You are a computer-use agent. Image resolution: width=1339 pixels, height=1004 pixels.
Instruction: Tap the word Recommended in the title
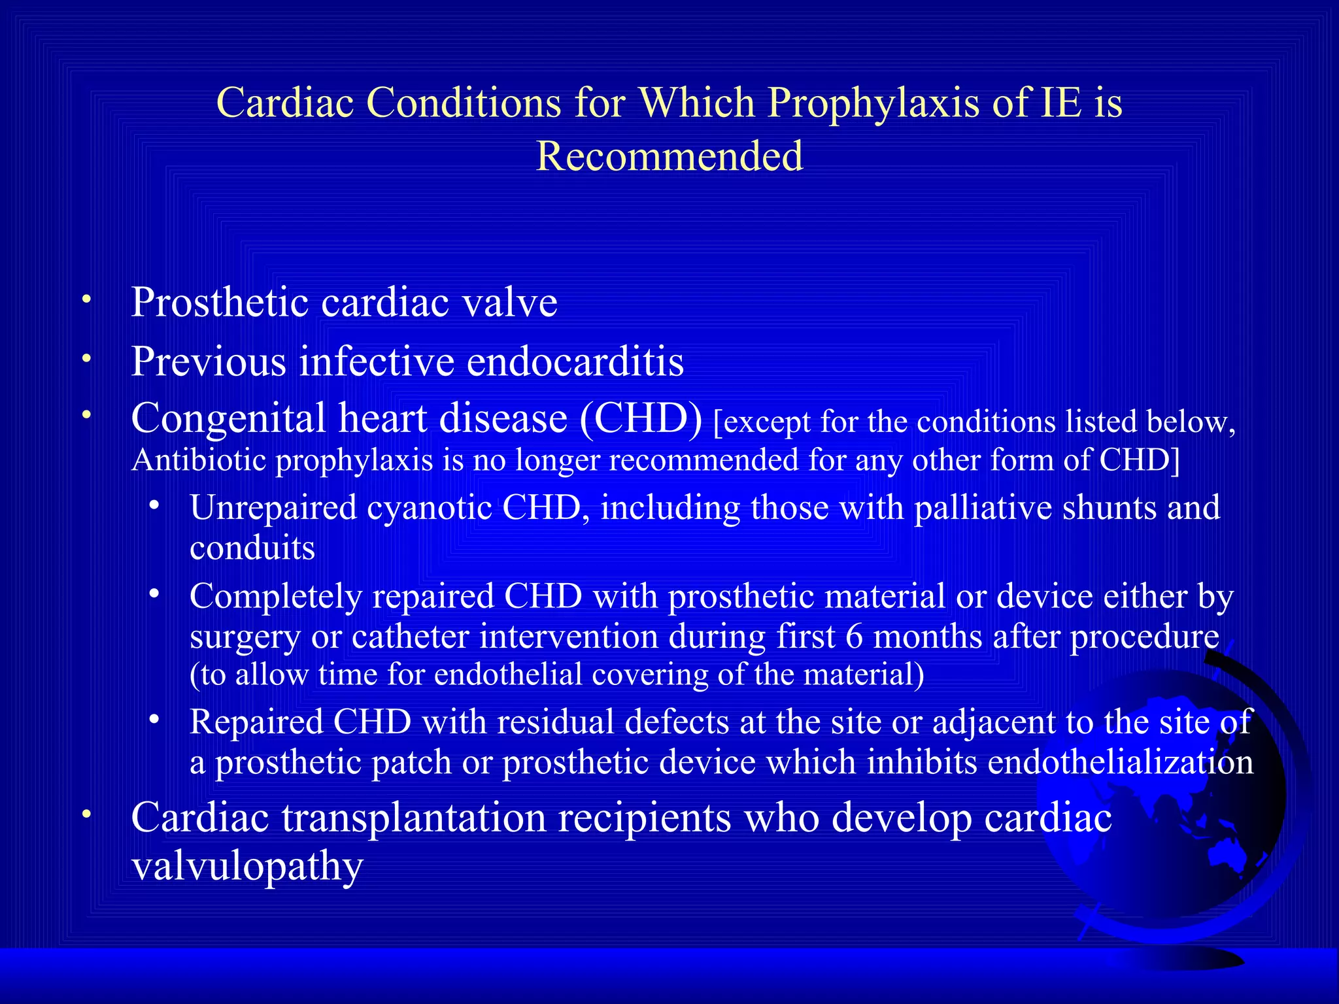669,157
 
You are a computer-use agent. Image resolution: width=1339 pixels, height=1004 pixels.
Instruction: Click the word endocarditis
575,361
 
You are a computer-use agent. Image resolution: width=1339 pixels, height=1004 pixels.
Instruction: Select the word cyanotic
429,508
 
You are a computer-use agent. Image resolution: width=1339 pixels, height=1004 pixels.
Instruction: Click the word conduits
252,548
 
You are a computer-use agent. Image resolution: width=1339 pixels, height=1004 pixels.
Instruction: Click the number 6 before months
854,637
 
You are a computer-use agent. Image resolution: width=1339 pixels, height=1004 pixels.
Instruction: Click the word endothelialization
1121,763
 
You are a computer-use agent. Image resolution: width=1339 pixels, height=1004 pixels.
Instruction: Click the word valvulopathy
247,867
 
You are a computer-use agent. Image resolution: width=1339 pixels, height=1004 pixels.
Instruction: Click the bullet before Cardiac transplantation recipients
86,814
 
